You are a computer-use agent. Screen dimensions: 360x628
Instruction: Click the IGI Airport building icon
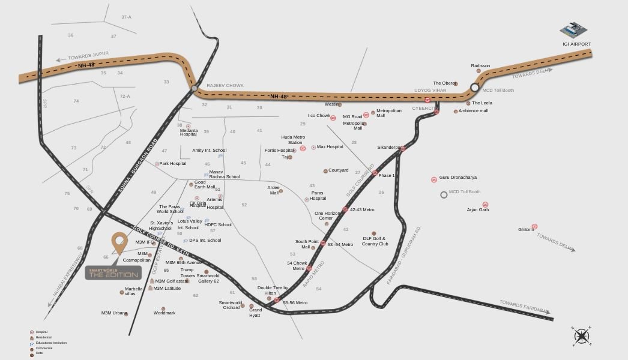[575, 30]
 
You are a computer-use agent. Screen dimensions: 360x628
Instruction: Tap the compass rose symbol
[581, 336]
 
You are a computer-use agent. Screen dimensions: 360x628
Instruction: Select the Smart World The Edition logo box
[113, 272]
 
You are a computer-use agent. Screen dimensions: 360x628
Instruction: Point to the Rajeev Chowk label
[225, 86]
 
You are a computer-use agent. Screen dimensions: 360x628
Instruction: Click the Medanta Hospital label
[189, 132]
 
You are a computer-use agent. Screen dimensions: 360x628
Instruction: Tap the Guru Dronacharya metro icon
[434, 179]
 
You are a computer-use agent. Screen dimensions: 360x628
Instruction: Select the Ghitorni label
[526, 229]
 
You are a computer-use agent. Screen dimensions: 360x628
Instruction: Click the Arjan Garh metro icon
[485, 205]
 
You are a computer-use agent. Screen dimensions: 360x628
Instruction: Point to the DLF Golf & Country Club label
[375, 241]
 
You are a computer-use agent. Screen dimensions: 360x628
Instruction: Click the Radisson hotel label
[480, 66]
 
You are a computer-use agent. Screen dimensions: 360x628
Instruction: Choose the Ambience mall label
[473, 111]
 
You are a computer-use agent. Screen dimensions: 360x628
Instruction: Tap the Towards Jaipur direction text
[88, 56]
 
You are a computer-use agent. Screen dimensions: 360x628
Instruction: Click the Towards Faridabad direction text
[524, 307]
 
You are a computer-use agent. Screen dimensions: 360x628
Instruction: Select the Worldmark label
[165, 313]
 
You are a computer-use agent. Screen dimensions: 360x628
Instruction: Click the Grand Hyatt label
[255, 313]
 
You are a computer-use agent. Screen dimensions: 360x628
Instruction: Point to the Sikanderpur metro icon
[403, 148]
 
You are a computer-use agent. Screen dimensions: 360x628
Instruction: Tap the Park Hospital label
[172, 163]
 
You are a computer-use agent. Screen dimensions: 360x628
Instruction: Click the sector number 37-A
[126, 17]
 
